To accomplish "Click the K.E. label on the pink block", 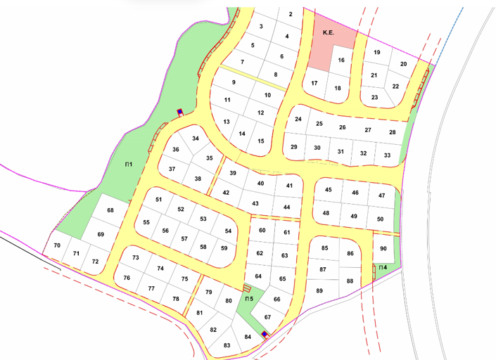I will point(328,33).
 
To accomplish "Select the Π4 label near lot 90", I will point(382,268).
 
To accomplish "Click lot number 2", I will point(290,13).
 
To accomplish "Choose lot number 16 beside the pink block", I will point(341,60).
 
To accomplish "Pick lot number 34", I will point(196,139).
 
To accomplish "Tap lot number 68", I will point(110,211).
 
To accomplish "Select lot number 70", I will point(57,245).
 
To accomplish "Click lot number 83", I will point(227,345).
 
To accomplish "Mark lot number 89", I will point(319,291).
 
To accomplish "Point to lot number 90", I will point(383,249).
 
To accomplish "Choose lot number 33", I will point(387,155).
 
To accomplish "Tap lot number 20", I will point(403,65).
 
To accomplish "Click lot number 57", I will point(184,239).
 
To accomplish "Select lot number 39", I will point(233,173).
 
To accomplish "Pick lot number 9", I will point(233,83).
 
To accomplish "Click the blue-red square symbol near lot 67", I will point(265,335).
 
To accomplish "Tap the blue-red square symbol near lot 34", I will point(179,112).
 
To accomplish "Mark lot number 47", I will point(381,195).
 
